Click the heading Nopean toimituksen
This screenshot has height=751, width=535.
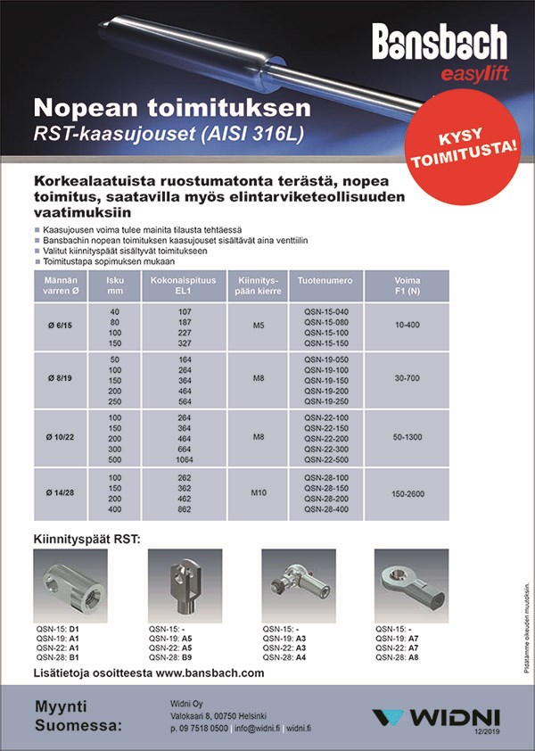coord(172,109)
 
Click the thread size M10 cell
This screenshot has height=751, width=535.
coord(259,491)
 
